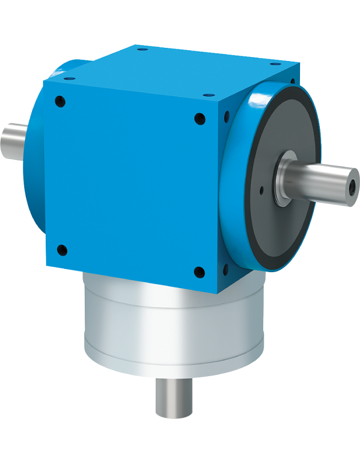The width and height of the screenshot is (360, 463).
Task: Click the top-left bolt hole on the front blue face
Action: tap(61, 101)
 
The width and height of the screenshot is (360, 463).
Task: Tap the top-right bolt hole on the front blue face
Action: tap(200, 118)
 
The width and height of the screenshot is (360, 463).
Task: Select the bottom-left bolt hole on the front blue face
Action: tap(62, 250)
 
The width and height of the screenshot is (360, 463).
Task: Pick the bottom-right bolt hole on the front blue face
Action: tap(199, 272)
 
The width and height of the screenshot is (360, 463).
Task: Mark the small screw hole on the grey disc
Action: tap(261, 191)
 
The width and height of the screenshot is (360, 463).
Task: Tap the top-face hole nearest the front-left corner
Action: tap(69, 79)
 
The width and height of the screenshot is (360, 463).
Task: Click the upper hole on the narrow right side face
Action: tap(225, 117)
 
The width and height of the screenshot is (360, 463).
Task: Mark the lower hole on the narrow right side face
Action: tap(225, 269)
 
